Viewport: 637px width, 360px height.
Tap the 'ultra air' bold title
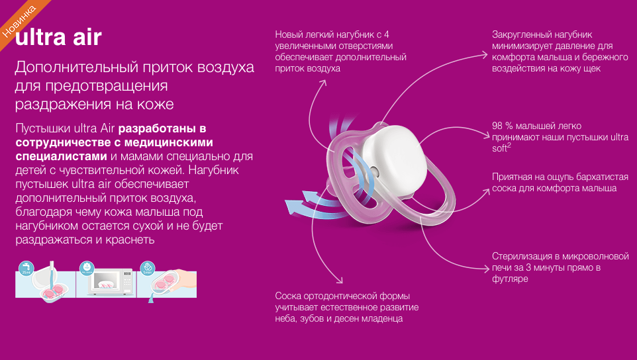point(58,38)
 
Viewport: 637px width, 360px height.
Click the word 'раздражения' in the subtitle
point(62,105)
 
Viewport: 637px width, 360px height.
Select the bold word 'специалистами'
point(61,157)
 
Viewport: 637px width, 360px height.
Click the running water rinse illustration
point(45,279)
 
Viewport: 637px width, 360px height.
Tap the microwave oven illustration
point(107,279)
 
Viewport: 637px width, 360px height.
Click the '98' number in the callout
point(497,126)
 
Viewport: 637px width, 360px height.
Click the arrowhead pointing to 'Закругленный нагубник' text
point(484,55)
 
